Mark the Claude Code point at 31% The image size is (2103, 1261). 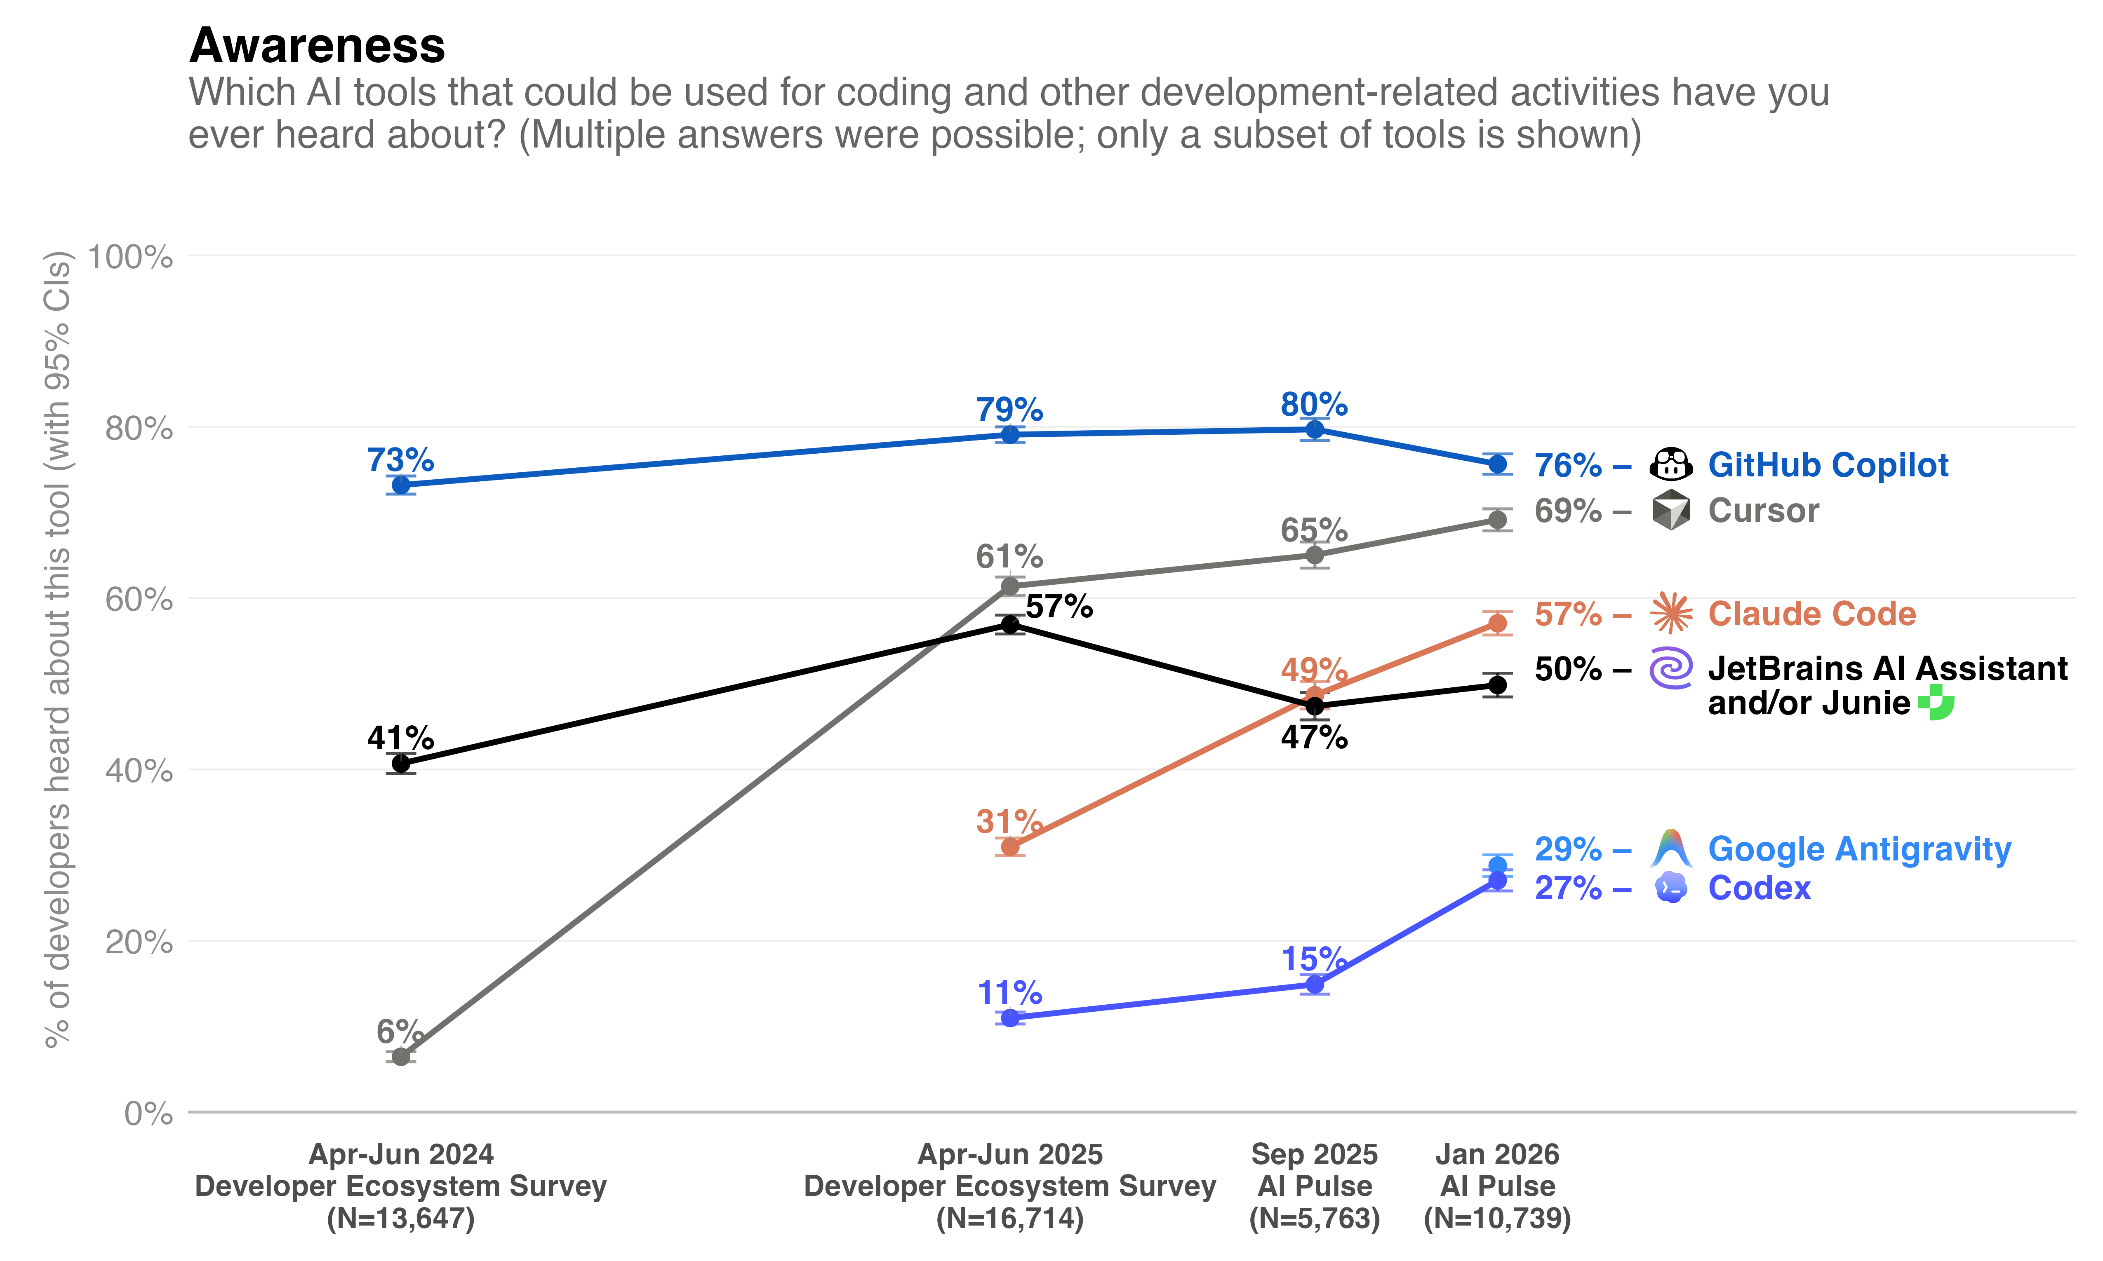[1010, 846]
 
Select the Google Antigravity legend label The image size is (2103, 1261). [1859, 849]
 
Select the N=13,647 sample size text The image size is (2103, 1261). [400, 1219]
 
